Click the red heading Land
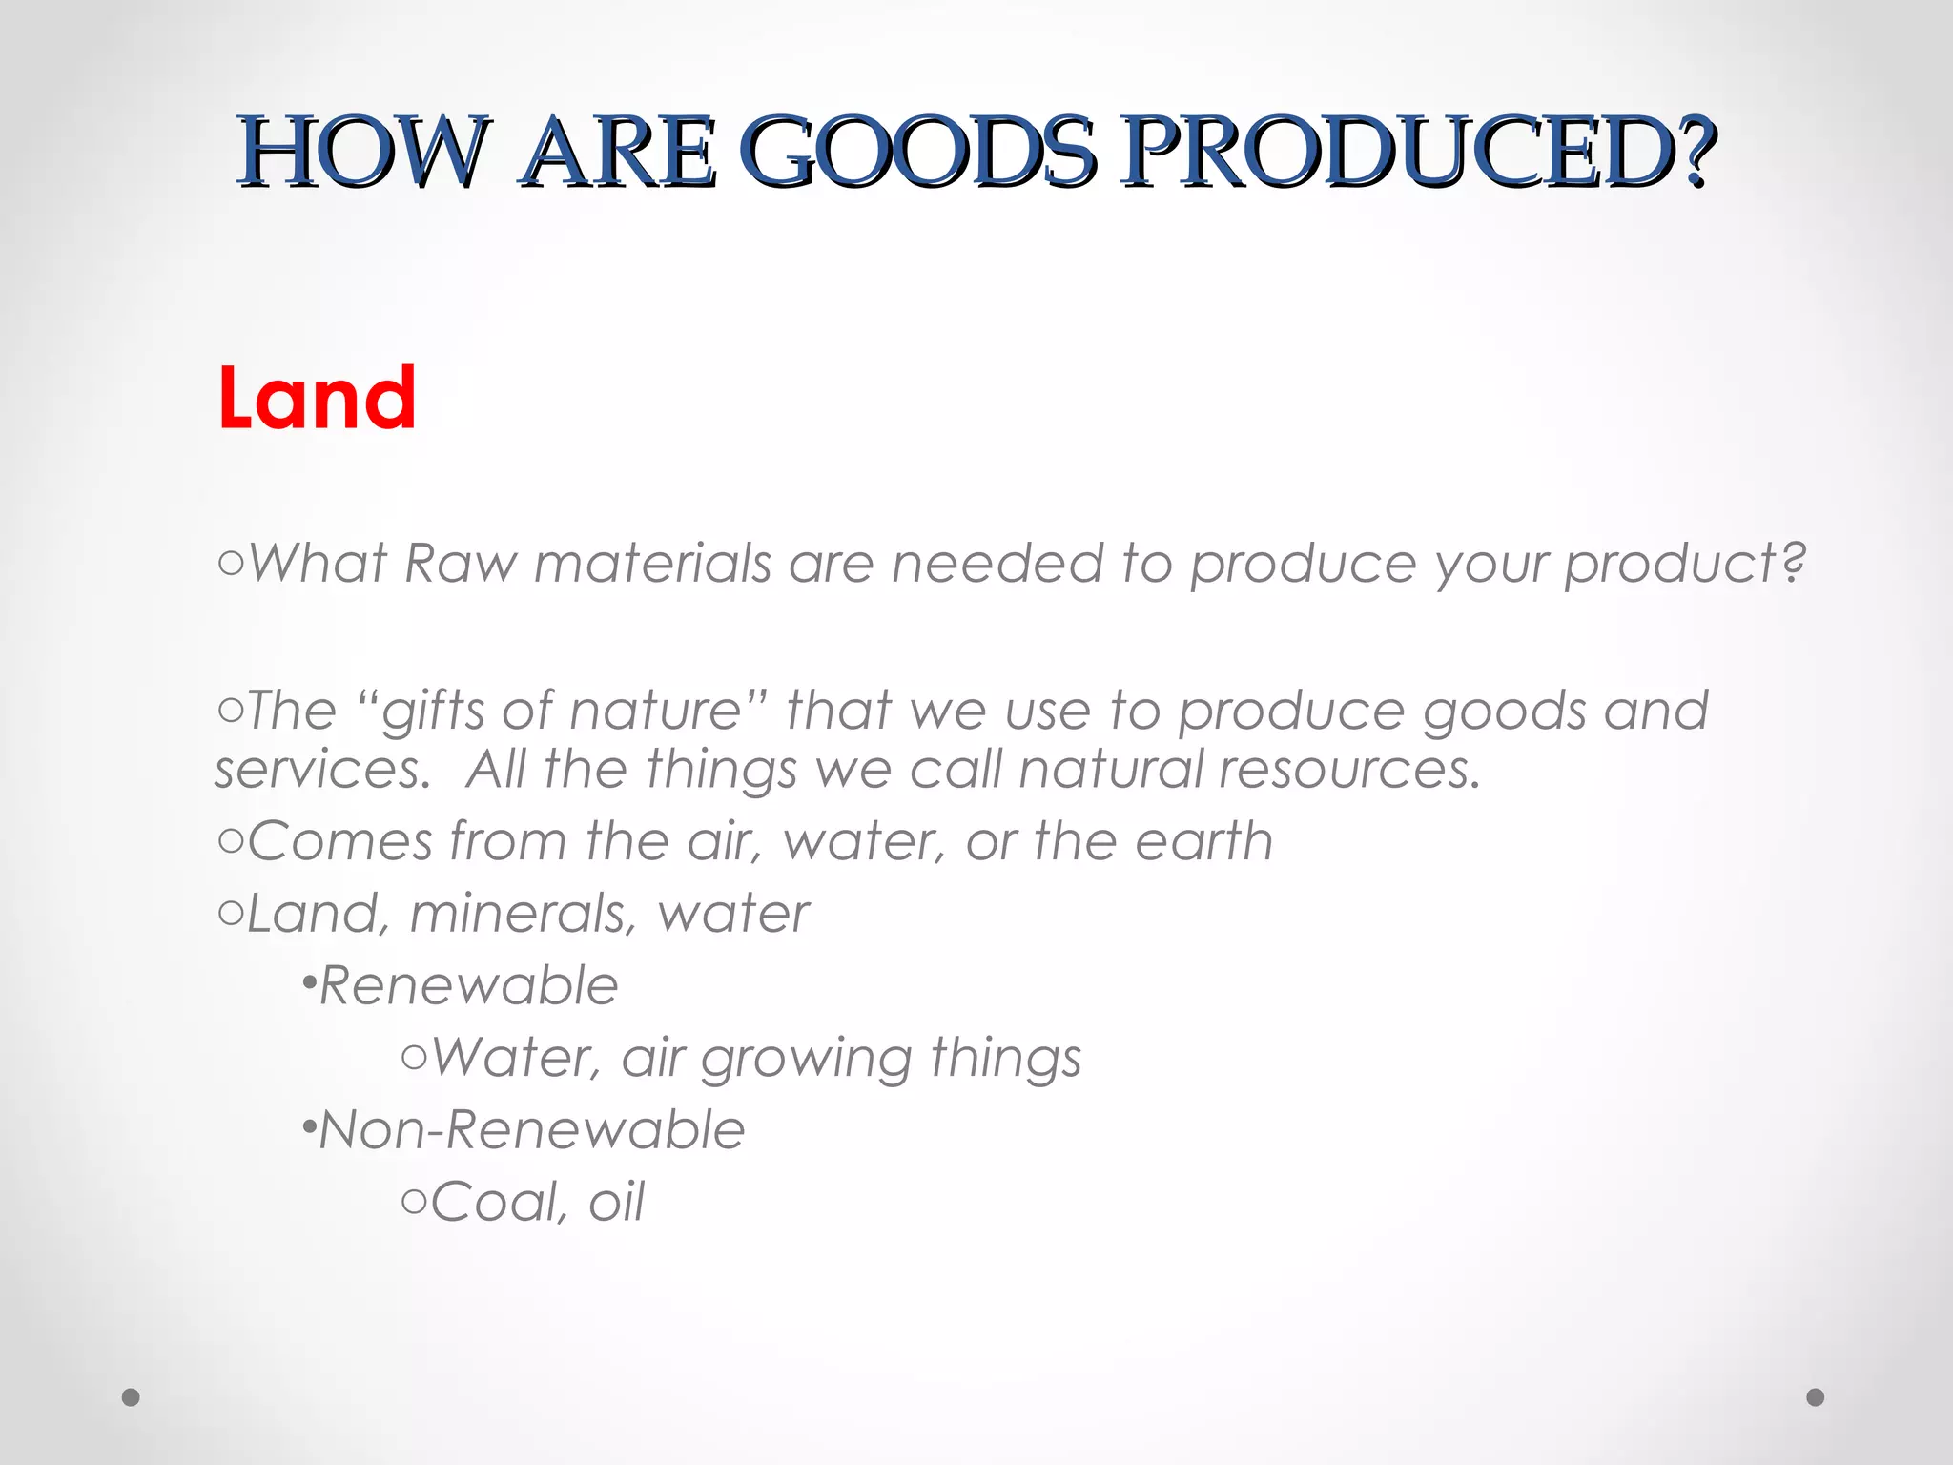point(317,398)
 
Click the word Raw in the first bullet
point(460,563)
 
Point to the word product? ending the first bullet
point(1685,565)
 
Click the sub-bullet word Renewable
point(468,985)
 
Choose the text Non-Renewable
point(531,1130)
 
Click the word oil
point(616,1202)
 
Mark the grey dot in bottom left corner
point(132,1397)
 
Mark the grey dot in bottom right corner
point(1816,1397)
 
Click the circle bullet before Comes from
point(230,842)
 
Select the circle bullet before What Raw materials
point(230,565)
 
